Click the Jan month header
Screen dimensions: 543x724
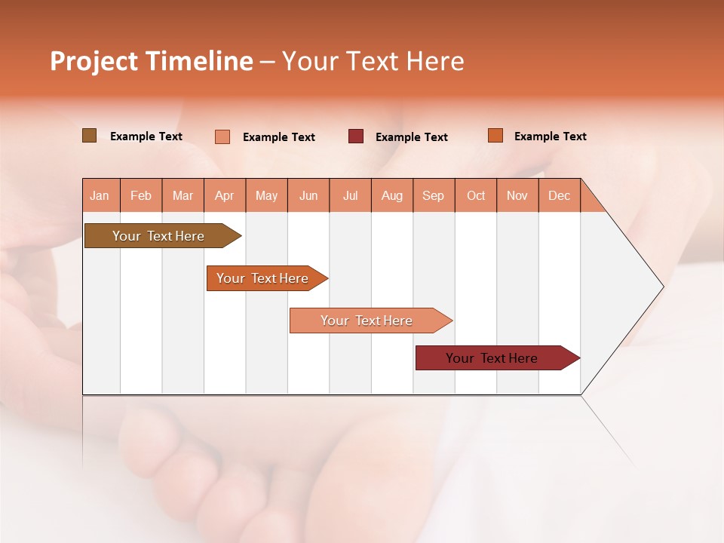point(100,195)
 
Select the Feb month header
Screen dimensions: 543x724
point(141,195)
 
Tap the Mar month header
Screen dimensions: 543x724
point(183,195)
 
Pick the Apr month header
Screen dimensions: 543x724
point(225,195)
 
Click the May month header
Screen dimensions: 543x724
point(266,195)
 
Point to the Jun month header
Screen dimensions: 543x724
point(308,195)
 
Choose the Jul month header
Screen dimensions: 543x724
point(351,195)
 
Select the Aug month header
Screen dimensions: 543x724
point(392,195)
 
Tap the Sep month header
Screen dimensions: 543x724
point(434,195)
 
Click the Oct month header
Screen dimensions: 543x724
point(476,195)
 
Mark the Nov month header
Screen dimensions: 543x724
point(517,195)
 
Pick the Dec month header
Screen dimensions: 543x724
point(559,195)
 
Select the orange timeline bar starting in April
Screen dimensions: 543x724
point(264,278)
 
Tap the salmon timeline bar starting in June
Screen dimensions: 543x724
point(368,321)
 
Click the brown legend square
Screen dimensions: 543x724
point(89,136)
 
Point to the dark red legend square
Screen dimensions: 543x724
point(356,137)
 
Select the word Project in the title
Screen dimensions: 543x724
point(94,61)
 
